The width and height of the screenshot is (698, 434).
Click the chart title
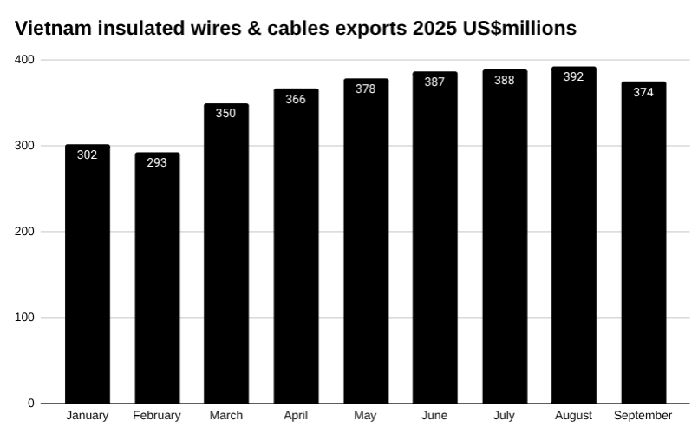(296, 28)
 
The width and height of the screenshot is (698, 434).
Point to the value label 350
(225, 113)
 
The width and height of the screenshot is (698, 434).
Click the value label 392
(573, 76)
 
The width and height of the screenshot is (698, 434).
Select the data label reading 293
(157, 162)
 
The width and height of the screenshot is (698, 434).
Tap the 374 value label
(643, 92)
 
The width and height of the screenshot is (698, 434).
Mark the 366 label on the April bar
(296, 99)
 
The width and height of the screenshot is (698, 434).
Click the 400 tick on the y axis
(24, 60)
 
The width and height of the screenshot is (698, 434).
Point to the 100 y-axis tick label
(24, 318)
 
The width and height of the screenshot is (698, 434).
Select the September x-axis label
(643, 416)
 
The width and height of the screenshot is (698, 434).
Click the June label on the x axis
(434, 416)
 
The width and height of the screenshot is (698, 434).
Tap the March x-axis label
(225, 416)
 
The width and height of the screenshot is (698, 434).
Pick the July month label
(504, 416)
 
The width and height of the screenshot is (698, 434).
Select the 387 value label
(434, 82)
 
